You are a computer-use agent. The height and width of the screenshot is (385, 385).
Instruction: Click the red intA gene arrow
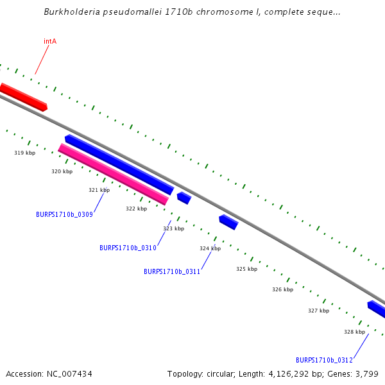(23, 96)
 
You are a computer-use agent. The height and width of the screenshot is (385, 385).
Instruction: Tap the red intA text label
(50, 41)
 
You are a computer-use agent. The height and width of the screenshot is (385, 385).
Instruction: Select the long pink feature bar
(113, 175)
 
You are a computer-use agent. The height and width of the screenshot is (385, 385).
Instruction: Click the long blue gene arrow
(119, 164)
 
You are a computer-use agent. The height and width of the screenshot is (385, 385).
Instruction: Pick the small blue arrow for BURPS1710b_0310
(184, 198)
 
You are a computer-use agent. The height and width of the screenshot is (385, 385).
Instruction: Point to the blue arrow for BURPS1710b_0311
(228, 222)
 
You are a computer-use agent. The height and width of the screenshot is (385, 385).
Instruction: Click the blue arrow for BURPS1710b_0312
(377, 309)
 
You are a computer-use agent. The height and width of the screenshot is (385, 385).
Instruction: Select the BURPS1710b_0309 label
(64, 214)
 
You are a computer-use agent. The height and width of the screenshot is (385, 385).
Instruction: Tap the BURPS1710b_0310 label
(128, 248)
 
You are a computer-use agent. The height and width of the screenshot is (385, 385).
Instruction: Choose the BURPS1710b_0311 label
(172, 271)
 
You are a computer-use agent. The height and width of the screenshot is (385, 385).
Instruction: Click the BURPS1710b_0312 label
(324, 360)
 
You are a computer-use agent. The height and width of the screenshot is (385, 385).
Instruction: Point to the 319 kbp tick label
(24, 153)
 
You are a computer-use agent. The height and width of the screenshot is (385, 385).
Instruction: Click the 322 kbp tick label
(136, 209)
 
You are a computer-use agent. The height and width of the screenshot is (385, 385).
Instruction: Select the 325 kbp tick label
(246, 269)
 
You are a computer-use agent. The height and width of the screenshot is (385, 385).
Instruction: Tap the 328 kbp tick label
(354, 332)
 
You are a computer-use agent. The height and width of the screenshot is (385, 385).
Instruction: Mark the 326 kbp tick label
(282, 289)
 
